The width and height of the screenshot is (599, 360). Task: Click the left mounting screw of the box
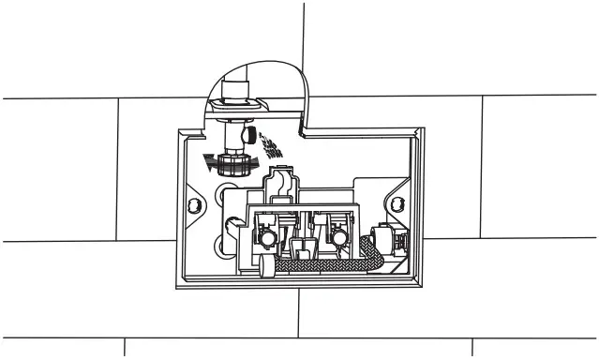(x=194, y=205)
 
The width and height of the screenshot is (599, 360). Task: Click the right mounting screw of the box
(x=397, y=203)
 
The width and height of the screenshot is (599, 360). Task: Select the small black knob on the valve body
(x=247, y=136)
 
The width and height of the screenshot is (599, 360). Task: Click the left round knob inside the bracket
(x=267, y=240)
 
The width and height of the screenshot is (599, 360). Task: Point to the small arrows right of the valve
(x=271, y=143)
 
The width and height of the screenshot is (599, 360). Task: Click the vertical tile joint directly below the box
(x=299, y=314)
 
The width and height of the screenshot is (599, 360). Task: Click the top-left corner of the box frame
(x=178, y=130)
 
